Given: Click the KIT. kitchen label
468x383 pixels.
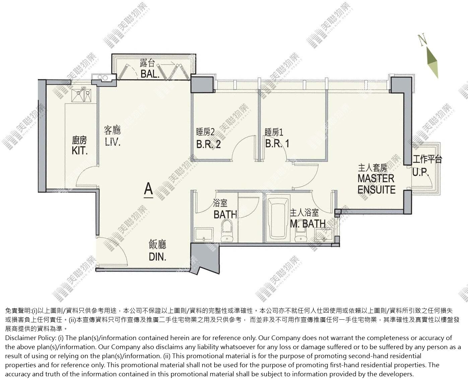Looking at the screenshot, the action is point(79,151).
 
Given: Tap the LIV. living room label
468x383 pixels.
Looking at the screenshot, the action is point(113,142).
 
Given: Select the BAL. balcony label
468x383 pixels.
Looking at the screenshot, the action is point(150,74).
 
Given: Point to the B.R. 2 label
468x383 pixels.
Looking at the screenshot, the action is point(208,144).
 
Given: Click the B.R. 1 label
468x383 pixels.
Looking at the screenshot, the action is point(277,143).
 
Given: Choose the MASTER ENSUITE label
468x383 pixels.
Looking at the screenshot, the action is point(376,184).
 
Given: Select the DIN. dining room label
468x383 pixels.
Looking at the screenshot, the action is point(157,257).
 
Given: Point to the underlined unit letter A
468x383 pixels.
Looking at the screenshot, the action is point(148,189).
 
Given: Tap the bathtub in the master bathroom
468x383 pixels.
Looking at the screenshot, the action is point(278,218).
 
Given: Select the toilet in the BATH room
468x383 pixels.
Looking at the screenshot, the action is point(227,231).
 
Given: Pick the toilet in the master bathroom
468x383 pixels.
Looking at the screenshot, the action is point(300,235).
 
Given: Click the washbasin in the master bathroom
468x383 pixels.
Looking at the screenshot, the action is point(324,235).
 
